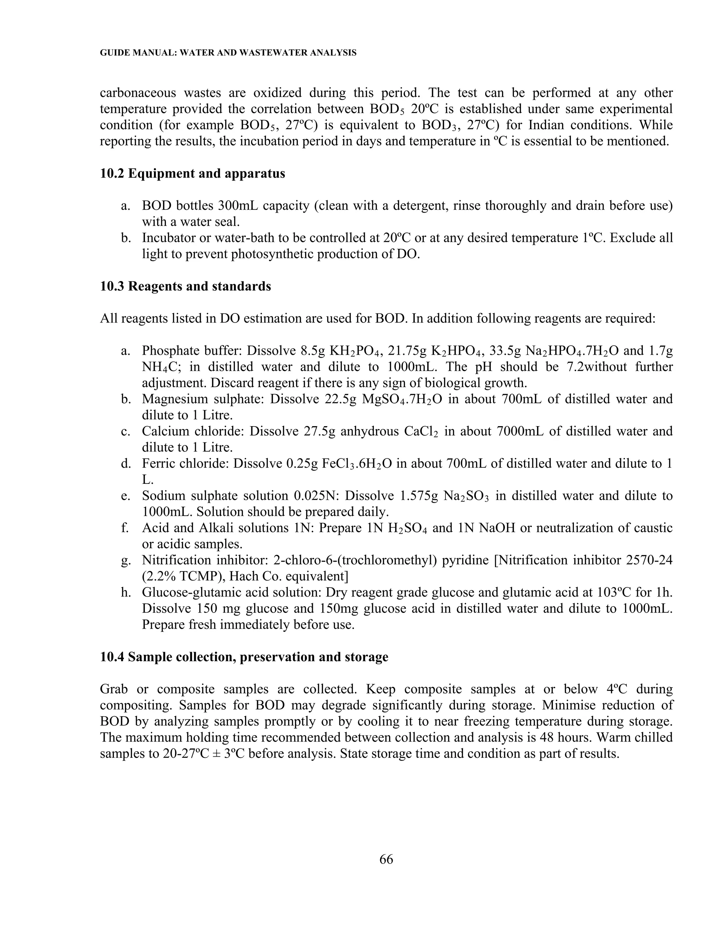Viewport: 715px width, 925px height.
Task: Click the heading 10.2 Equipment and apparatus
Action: (192, 173)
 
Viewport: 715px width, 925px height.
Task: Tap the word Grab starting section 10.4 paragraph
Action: (113, 689)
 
